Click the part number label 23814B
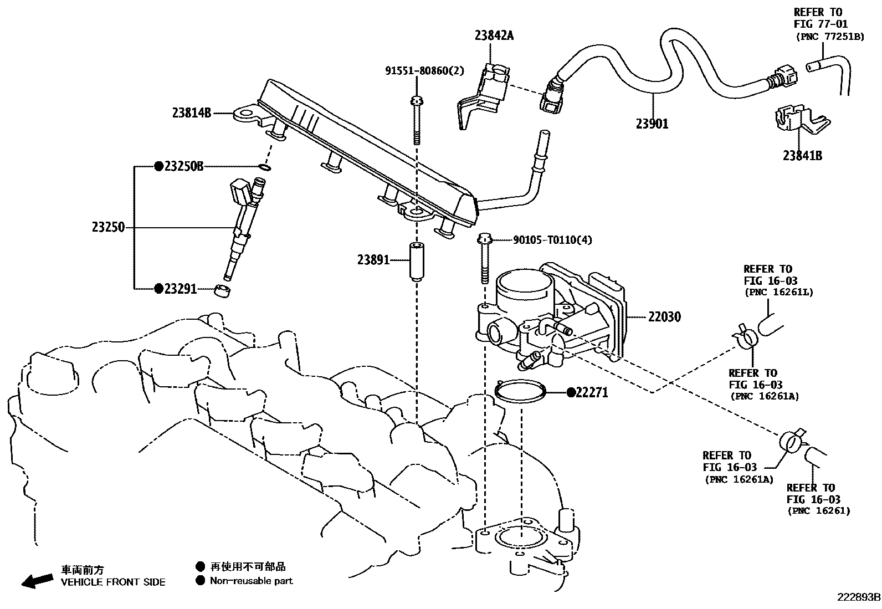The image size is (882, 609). pos(192,113)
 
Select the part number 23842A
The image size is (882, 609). pos(494,35)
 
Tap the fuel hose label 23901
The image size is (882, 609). pos(652,124)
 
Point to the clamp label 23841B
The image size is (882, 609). pos(802,156)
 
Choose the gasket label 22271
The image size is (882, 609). pos(592,392)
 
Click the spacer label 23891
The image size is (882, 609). pos(374,259)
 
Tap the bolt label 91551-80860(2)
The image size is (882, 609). pos(425,71)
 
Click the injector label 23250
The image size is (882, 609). pos(109,227)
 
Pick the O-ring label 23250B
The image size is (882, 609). pos(184,166)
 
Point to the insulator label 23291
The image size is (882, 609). pos(181,289)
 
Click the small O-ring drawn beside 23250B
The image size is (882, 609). pos(265,167)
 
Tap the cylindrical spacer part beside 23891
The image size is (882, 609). pos(417,261)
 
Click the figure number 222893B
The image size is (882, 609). pos(858,597)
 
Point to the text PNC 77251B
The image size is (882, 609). pos(829,37)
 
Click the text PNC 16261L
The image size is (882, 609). pos(778,292)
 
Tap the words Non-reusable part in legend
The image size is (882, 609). pos(251,581)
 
